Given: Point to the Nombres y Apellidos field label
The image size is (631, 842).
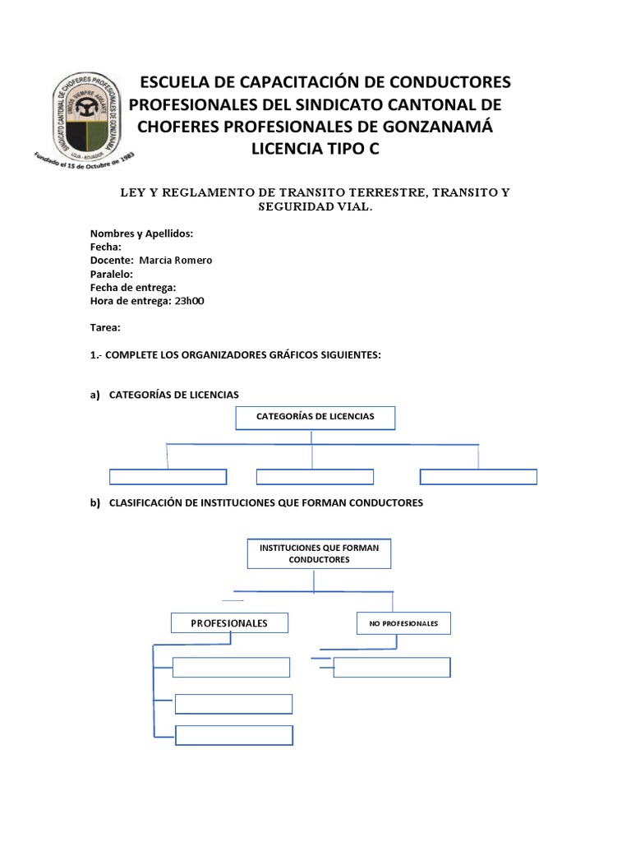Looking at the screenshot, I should pyautogui.click(x=141, y=234).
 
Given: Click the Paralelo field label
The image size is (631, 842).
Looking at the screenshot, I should pyautogui.click(x=110, y=274).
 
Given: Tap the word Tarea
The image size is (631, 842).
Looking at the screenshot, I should pyautogui.click(x=104, y=327).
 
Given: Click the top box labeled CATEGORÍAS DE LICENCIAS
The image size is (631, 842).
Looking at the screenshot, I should pyautogui.click(x=315, y=418).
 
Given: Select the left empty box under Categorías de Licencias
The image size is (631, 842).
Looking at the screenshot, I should pyautogui.click(x=168, y=477).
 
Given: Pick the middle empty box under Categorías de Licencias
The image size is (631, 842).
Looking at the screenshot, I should pyautogui.click(x=315, y=477).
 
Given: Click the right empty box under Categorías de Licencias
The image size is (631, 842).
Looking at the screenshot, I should pyautogui.click(x=478, y=477).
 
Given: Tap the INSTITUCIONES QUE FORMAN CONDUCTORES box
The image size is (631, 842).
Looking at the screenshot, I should pyautogui.click(x=319, y=553).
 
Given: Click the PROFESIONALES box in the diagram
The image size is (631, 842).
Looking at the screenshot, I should pyautogui.click(x=229, y=623).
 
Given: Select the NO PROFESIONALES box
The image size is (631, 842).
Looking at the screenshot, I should pyautogui.click(x=403, y=623).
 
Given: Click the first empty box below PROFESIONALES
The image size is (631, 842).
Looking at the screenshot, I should pyautogui.click(x=232, y=667).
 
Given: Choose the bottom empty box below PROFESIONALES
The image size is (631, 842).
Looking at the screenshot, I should pyautogui.click(x=234, y=735).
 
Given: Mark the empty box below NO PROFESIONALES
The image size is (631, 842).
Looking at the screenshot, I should pyautogui.click(x=392, y=667).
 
